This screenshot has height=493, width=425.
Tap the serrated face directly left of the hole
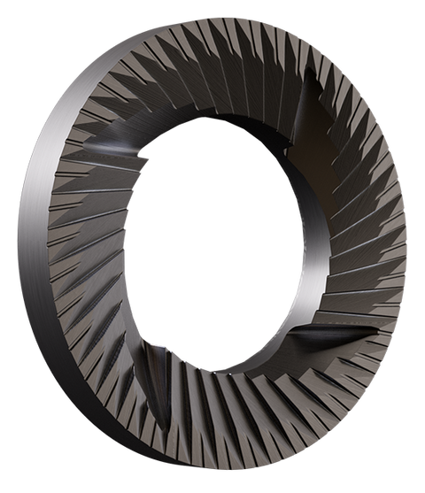tap(89, 257)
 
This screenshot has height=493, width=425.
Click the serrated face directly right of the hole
tap(363, 248)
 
